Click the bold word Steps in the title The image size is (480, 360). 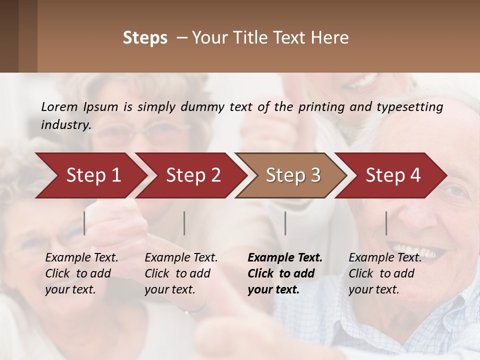145,38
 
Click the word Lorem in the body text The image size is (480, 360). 59,106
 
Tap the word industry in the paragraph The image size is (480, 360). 65,124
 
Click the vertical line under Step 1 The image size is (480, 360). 84,223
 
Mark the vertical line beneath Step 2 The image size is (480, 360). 184,223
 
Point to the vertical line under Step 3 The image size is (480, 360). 285,223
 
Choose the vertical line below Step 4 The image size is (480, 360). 386,223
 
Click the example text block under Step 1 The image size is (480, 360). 81,273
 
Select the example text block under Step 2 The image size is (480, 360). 181,273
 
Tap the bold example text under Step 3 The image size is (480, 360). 285,273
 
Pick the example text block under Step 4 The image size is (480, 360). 385,273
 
